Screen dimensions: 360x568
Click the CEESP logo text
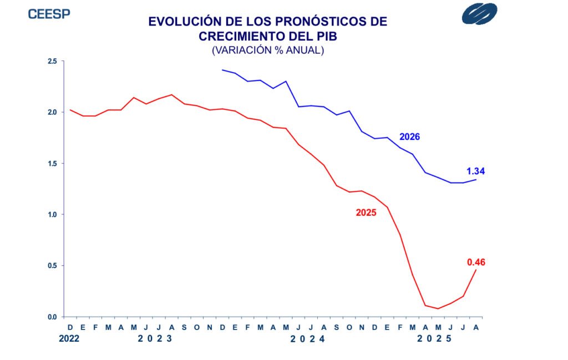49,14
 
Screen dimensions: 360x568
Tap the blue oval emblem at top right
479,14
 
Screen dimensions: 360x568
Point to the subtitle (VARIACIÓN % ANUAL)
267,50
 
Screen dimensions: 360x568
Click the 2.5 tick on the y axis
52,61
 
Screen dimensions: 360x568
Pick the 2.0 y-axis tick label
52,112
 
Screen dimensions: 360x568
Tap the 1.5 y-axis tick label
52,164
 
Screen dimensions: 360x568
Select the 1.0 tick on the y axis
52,215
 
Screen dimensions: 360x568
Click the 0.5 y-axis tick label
52,266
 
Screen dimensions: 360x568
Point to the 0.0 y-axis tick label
52,317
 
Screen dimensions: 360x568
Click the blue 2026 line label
410,136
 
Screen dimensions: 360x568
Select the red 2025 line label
366,212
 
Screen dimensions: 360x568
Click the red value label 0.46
476,262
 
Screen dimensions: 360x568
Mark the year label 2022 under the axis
69,338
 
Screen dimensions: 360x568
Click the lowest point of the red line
438,308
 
